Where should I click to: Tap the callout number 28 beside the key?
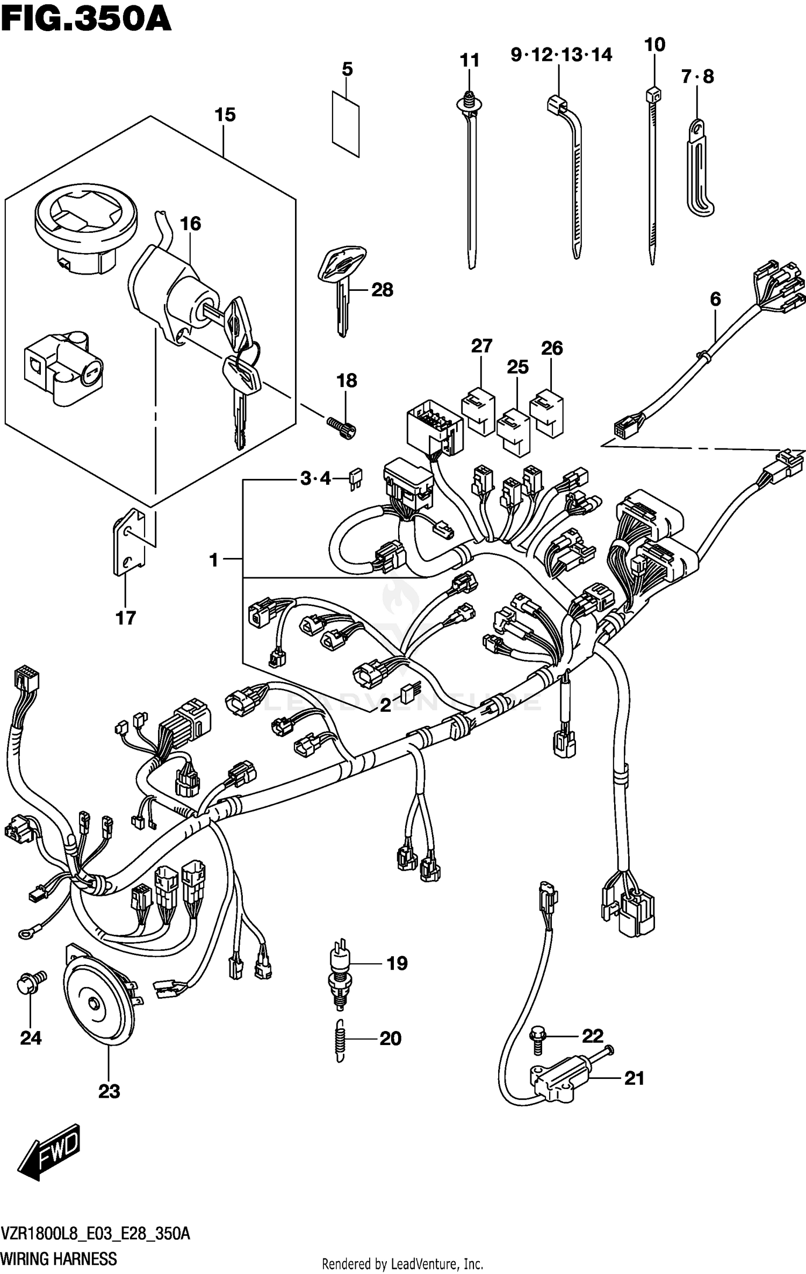click(x=382, y=290)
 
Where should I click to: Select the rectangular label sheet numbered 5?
click(x=346, y=124)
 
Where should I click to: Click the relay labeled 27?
click(x=478, y=411)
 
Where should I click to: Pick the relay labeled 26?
click(x=547, y=412)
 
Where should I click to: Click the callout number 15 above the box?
click(x=225, y=114)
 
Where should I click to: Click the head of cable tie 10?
click(x=653, y=96)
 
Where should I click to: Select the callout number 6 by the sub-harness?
click(x=715, y=299)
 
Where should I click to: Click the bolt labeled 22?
click(x=537, y=1039)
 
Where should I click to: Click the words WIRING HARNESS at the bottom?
click(x=59, y=1258)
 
